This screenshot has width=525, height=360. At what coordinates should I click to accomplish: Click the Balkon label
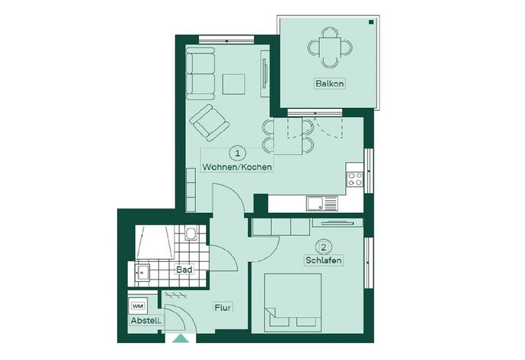tap(329, 83)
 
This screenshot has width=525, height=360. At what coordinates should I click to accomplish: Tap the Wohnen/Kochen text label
tap(237, 166)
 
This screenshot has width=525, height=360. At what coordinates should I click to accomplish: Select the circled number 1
tap(237, 153)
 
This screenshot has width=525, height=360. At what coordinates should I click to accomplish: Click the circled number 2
tap(324, 247)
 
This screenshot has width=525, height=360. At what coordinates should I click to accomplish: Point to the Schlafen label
tap(324, 260)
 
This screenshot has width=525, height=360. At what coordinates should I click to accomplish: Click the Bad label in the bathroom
tap(184, 270)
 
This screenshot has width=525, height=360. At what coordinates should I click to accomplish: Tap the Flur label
tap(223, 307)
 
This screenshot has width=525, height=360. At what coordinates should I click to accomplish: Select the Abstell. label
tap(146, 320)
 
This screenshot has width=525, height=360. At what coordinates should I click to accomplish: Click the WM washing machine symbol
tap(137, 306)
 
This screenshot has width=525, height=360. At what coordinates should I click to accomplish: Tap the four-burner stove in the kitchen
tap(354, 178)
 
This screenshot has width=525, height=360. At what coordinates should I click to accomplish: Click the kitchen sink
tap(321, 204)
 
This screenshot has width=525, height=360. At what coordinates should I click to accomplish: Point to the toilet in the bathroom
tap(191, 233)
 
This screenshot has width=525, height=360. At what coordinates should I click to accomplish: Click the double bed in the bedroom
tap(293, 303)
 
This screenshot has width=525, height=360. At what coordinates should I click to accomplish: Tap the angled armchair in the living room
tap(209, 123)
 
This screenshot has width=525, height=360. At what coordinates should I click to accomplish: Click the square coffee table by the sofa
tap(233, 84)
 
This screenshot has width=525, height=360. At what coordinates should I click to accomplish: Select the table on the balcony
tap(330, 47)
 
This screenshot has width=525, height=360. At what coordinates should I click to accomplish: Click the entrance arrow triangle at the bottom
tap(181, 339)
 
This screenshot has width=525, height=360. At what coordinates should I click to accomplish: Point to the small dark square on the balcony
tap(371, 22)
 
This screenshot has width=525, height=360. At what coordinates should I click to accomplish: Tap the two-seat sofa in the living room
tap(201, 74)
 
